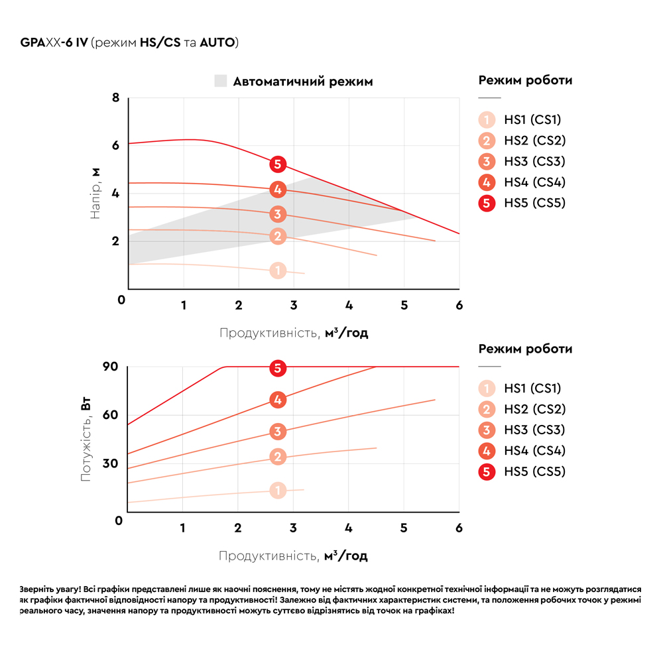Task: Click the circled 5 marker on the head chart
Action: [278, 164]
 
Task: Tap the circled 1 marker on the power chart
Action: [278, 491]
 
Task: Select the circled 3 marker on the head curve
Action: [278, 214]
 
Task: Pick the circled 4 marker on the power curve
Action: [278, 400]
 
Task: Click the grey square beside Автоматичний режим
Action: [220, 82]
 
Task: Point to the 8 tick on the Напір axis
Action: [116, 98]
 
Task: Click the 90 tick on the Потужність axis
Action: [110, 367]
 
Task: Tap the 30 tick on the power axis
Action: [110, 463]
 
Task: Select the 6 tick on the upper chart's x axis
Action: [459, 305]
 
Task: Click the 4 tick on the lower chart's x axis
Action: [349, 528]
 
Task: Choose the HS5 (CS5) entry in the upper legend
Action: [534, 203]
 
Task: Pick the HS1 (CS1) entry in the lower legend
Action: [532, 389]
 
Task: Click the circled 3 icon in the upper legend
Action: [487, 162]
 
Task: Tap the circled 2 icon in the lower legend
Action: [487, 410]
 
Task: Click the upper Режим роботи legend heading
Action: [525, 81]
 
